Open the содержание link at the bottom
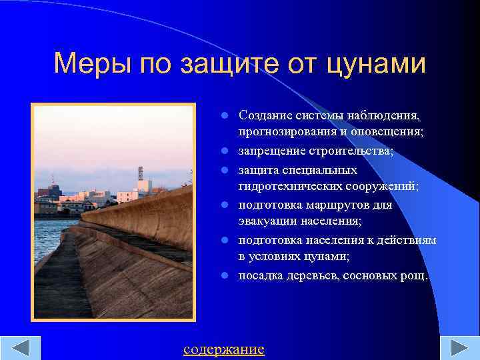(x=223, y=349)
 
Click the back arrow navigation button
(x=20, y=349)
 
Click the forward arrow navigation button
(x=459, y=349)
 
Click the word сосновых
(x=369, y=275)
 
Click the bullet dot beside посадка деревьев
(x=226, y=275)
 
